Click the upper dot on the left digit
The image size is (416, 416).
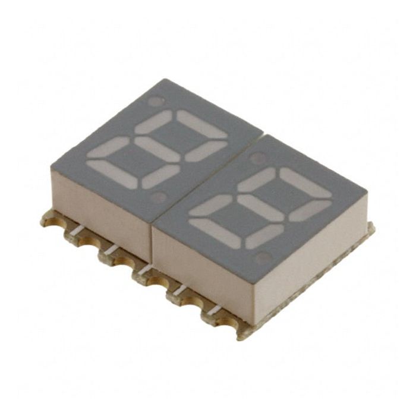coord(155,102)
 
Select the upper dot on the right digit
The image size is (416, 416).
coord(257,157)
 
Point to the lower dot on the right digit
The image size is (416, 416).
coord(261,257)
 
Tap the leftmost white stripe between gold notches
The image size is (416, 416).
coord(77,228)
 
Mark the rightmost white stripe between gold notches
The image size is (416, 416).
coord(212,308)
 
